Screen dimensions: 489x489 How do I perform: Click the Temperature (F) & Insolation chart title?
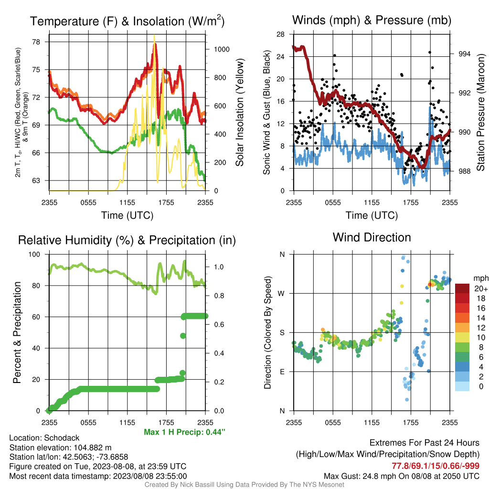[x=127, y=21]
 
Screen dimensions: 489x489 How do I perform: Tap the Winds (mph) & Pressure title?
[x=372, y=20]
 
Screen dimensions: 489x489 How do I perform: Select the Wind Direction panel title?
[x=372, y=237]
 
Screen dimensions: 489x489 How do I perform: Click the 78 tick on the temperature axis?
[x=36, y=42]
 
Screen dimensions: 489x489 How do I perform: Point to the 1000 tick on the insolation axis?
[x=222, y=49]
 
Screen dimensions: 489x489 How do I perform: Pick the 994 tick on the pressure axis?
[x=464, y=54]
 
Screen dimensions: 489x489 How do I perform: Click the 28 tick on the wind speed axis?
[x=280, y=34]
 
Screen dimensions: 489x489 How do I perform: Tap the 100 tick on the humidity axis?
[x=34, y=254]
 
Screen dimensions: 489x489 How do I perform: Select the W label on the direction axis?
[x=281, y=294]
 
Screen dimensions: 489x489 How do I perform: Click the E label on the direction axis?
[x=282, y=372]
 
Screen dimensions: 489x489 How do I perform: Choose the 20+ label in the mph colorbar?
[x=481, y=289]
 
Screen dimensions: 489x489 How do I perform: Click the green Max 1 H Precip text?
[x=184, y=432]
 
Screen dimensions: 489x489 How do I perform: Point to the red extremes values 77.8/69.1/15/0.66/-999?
[x=436, y=466]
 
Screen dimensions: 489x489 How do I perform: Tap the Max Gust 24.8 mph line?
[x=401, y=476]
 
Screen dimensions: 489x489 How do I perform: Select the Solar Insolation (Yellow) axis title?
[x=240, y=112]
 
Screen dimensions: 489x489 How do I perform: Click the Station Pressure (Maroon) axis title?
[x=480, y=112]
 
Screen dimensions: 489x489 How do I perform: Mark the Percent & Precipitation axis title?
[x=17, y=332]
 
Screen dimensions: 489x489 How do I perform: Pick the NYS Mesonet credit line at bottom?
[x=244, y=485]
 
